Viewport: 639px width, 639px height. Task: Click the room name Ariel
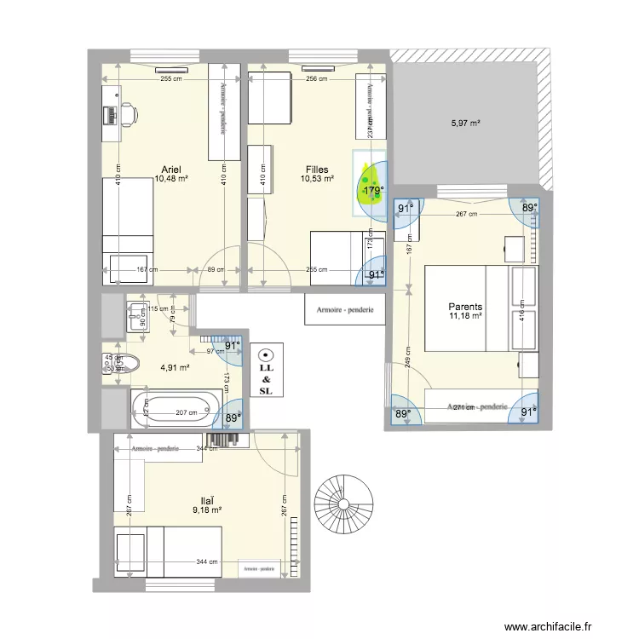[x=171, y=169]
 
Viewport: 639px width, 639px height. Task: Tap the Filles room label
[x=317, y=170]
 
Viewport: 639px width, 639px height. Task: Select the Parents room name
[x=466, y=307]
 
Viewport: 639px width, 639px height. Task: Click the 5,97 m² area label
[x=465, y=124]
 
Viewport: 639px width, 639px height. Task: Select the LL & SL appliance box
[x=266, y=370]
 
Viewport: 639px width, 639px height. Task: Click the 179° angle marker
[x=372, y=192]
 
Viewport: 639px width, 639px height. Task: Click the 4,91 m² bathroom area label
[x=175, y=368]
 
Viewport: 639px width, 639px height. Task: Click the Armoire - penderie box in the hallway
[x=344, y=310]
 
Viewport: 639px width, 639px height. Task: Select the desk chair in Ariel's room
[x=127, y=113]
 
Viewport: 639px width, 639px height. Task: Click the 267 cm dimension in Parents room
[x=465, y=215]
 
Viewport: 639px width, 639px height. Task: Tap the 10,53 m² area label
[x=317, y=179]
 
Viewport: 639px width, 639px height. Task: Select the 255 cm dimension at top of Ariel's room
[x=172, y=79]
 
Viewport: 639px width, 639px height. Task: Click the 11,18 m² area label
[x=466, y=317]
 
